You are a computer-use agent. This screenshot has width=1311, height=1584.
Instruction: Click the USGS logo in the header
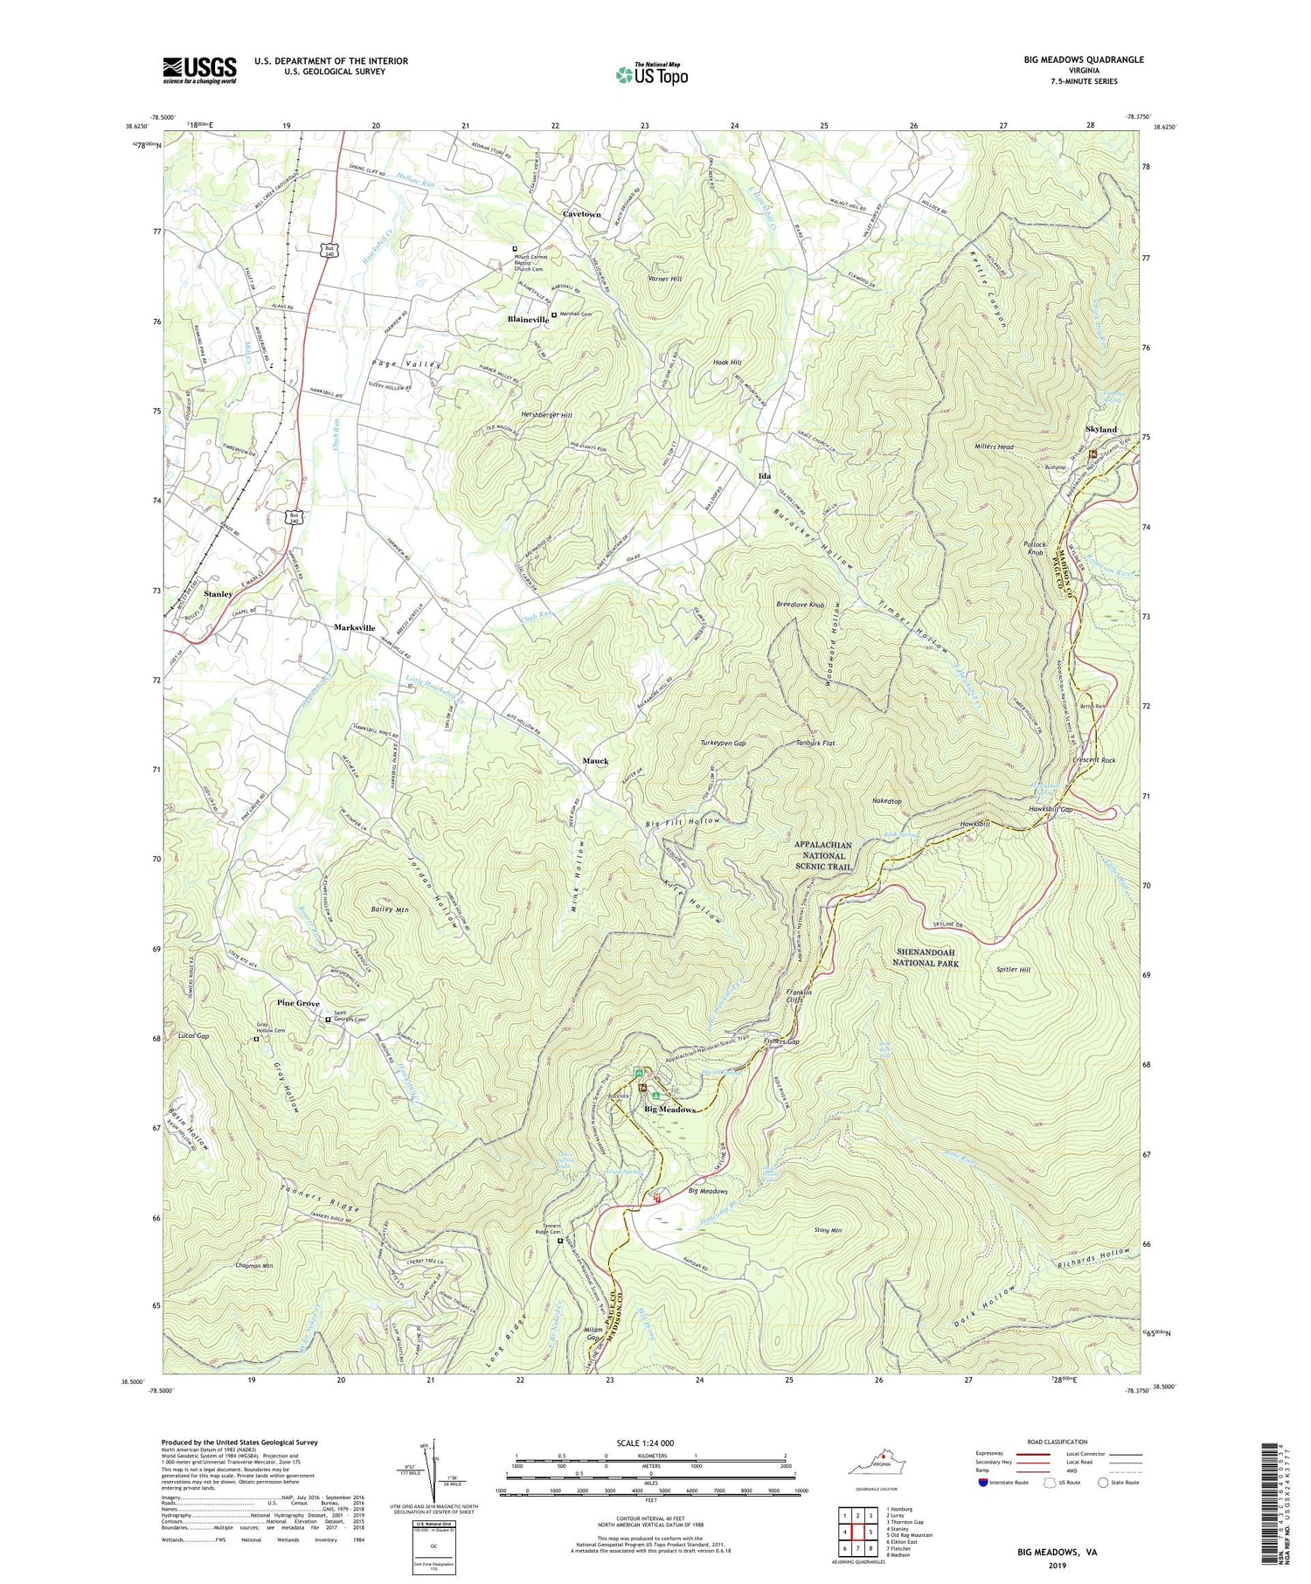[199, 70]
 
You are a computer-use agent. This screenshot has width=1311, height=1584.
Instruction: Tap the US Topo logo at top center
[651, 75]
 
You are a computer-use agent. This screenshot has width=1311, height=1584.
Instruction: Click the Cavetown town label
[581, 214]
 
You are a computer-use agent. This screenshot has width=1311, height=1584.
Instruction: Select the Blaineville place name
[528, 320]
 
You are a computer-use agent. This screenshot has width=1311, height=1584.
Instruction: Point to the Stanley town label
[218, 594]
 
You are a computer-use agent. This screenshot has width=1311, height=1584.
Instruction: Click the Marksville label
[354, 628]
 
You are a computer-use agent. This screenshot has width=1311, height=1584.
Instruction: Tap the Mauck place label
[595, 761]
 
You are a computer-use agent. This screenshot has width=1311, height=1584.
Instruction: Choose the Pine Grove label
[298, 1004]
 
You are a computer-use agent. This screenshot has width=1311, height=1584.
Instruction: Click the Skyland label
[1100, 430]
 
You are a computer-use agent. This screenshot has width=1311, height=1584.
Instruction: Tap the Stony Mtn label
[827, 1230]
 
